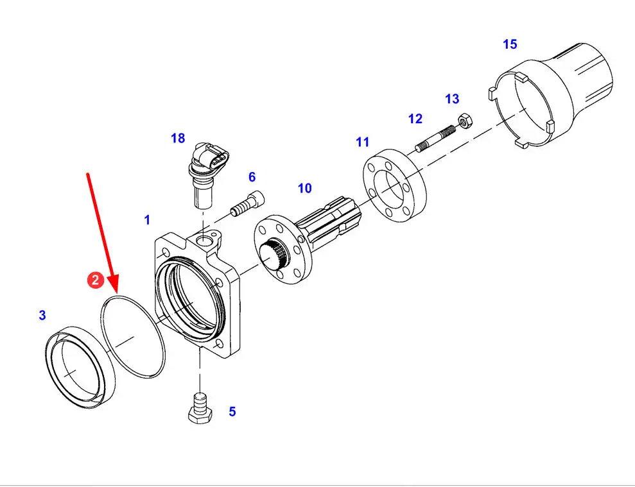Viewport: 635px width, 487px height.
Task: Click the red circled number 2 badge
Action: (96, 280)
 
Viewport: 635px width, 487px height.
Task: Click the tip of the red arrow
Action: (116, 293)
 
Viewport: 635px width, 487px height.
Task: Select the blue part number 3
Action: (42, 315)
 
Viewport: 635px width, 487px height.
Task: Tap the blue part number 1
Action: (147, 220)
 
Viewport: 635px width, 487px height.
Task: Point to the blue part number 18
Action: (178, 138)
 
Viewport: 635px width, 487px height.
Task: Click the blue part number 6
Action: (252, 177)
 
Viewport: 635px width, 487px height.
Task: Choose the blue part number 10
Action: (304, 188)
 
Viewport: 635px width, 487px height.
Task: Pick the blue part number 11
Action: (363, 142)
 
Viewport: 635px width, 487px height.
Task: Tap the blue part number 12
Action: (415, 119)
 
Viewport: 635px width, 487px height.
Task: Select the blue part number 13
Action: (452, 99)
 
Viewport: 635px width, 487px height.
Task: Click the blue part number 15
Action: (510, 44)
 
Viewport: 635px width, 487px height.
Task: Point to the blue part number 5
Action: (232, 411)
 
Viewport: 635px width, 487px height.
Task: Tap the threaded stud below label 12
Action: (436, 139)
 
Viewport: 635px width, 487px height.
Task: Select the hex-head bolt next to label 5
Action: (200, 409)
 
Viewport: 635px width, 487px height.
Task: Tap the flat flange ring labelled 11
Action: (394, 186)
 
